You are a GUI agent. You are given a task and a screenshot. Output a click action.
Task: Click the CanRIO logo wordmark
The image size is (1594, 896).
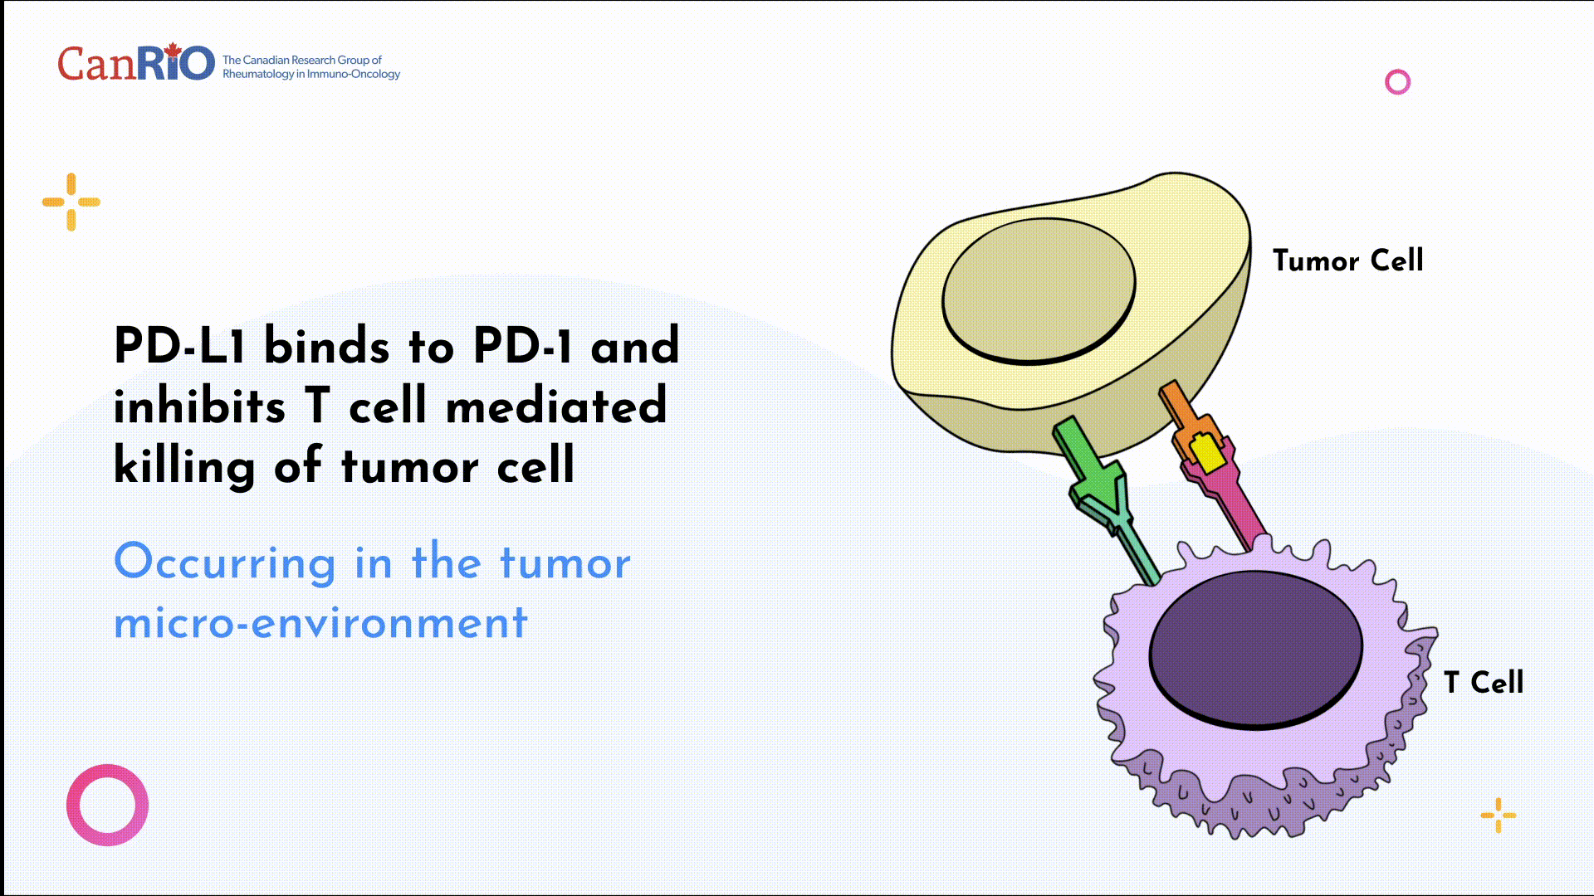pyautogui.click(x=135, y=64)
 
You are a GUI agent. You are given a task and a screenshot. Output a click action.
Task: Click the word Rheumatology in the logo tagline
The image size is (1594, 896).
pyautogui.click(x=258, y=75)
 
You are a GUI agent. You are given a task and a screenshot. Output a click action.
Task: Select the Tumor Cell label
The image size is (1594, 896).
pyautogui.click(x=1347, y=261)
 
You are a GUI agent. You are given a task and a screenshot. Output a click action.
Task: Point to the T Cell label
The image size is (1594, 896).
pyautogui.click(x=1484, y=683)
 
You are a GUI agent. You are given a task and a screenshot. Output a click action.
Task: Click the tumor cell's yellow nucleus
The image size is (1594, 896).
pyautogui.click(x=1038, y=290)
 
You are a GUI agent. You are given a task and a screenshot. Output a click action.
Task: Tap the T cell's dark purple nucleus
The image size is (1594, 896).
pyautogui.click(x=1255, y=649)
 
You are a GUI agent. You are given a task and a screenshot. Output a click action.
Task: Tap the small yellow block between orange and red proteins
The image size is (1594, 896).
pyautogui.click(x=1206, y=452)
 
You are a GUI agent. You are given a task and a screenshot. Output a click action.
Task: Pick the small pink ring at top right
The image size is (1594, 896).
pyautogui.click(x=1397, y=82)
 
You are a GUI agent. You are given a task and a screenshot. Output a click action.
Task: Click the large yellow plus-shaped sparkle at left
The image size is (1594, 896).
pyautogui.click(x=71, y=202)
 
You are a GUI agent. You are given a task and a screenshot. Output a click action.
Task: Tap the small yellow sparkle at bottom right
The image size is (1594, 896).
pyautogui.click(x=1498, y=815)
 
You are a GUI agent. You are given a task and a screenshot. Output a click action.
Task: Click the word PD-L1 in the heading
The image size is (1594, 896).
pyautogui.click(x=179, y=346)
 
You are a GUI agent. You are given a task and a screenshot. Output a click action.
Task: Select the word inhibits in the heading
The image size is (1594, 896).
pyautogui.click(x=199, y=407)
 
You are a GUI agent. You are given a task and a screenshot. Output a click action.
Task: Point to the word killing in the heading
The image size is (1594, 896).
pyautogui.click(x=184, y=467)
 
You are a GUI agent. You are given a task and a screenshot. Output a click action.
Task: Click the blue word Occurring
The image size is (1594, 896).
pyautogui.click(x=224, y=562)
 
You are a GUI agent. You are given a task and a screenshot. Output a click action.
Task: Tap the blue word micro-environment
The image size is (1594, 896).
pyautogui.click(x=320, y=623)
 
